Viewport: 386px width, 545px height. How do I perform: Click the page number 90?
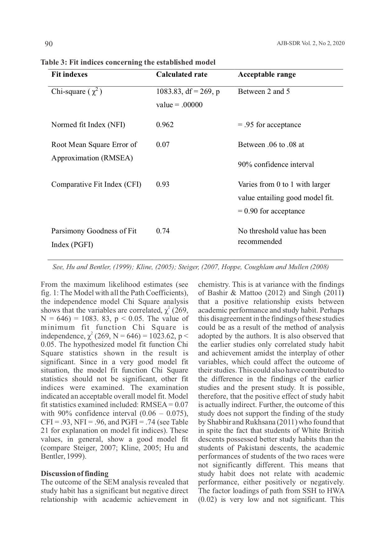click(49, 44)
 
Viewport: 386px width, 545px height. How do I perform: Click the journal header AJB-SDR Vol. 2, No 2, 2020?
click(310, 44)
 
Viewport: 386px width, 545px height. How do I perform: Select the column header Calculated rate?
click(182, 75)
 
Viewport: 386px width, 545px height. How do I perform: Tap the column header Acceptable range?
click(267, 75)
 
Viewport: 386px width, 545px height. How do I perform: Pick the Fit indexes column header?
click(69, 75)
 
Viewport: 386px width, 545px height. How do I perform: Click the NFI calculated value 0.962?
click(165, 125)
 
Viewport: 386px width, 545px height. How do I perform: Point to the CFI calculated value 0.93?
click(163, 185)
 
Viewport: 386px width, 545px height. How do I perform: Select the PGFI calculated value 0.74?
click(163, 231)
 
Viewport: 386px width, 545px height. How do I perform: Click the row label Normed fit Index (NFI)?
click(88, 125)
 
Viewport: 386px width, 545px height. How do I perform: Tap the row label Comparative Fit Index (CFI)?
click(96, 185)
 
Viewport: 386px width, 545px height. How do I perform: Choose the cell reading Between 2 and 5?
click(264, 92)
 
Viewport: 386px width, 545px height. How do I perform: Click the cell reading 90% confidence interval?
click(276, 165)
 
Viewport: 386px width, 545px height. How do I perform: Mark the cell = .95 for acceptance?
click(269, 125)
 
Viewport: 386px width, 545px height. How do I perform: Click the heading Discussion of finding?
click(75, 474)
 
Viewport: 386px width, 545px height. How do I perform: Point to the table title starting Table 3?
click(128, 62)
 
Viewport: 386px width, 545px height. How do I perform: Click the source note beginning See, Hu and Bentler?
click(191, 267)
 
